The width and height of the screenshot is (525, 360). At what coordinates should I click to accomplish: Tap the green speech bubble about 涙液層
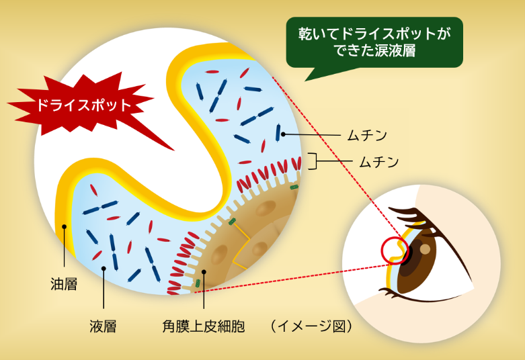pos(374,42)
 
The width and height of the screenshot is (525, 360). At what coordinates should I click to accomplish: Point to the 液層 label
pos(103,327)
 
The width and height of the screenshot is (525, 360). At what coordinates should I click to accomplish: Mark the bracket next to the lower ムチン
pos(313,161)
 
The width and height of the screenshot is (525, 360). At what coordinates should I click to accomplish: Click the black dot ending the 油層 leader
pos(64,227)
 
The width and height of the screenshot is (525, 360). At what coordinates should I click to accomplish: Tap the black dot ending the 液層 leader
pos(103,268)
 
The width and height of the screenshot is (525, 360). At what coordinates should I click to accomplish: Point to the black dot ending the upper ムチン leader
pos(284,134)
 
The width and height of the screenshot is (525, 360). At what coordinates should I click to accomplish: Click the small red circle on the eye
pos(394,251)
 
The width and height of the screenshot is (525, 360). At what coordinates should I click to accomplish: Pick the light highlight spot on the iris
pos(425,250)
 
